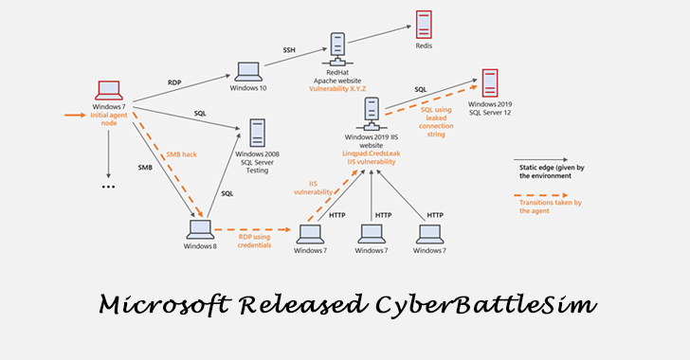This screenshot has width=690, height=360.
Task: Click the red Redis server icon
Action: tap(424, 25)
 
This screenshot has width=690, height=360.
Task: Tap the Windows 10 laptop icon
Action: tap(248, 72)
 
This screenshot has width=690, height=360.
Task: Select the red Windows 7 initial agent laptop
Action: tap(109, 91)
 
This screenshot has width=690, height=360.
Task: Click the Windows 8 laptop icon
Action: tap(200, 229)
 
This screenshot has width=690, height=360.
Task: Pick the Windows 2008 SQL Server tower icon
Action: tap(257, 133)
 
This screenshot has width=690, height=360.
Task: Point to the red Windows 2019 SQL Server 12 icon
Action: tap(490, 83)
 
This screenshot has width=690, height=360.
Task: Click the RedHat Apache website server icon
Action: tap(337, 49)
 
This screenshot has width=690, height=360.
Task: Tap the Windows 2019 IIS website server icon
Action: tap(372, 114)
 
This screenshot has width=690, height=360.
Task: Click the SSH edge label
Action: tap(289, 50)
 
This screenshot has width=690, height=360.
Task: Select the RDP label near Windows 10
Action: tap(174, 82)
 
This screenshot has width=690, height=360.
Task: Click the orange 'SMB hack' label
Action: tap(181, 154)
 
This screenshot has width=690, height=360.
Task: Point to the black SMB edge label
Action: tap(145, 168)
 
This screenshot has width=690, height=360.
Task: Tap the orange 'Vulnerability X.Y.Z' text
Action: tap(337, 89)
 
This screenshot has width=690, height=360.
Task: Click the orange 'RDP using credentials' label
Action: tap(254, 241)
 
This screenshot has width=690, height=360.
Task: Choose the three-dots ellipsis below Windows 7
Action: tap(108, 187)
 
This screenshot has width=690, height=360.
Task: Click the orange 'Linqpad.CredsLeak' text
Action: tap(372, 153)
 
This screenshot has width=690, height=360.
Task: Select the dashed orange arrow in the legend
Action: tap(541, 195)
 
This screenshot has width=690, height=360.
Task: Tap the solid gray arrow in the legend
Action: tap(541, 160)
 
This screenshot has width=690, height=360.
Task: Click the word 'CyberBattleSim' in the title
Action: tap(486, 305)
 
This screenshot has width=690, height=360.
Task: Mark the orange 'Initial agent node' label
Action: tap(109, 119)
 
